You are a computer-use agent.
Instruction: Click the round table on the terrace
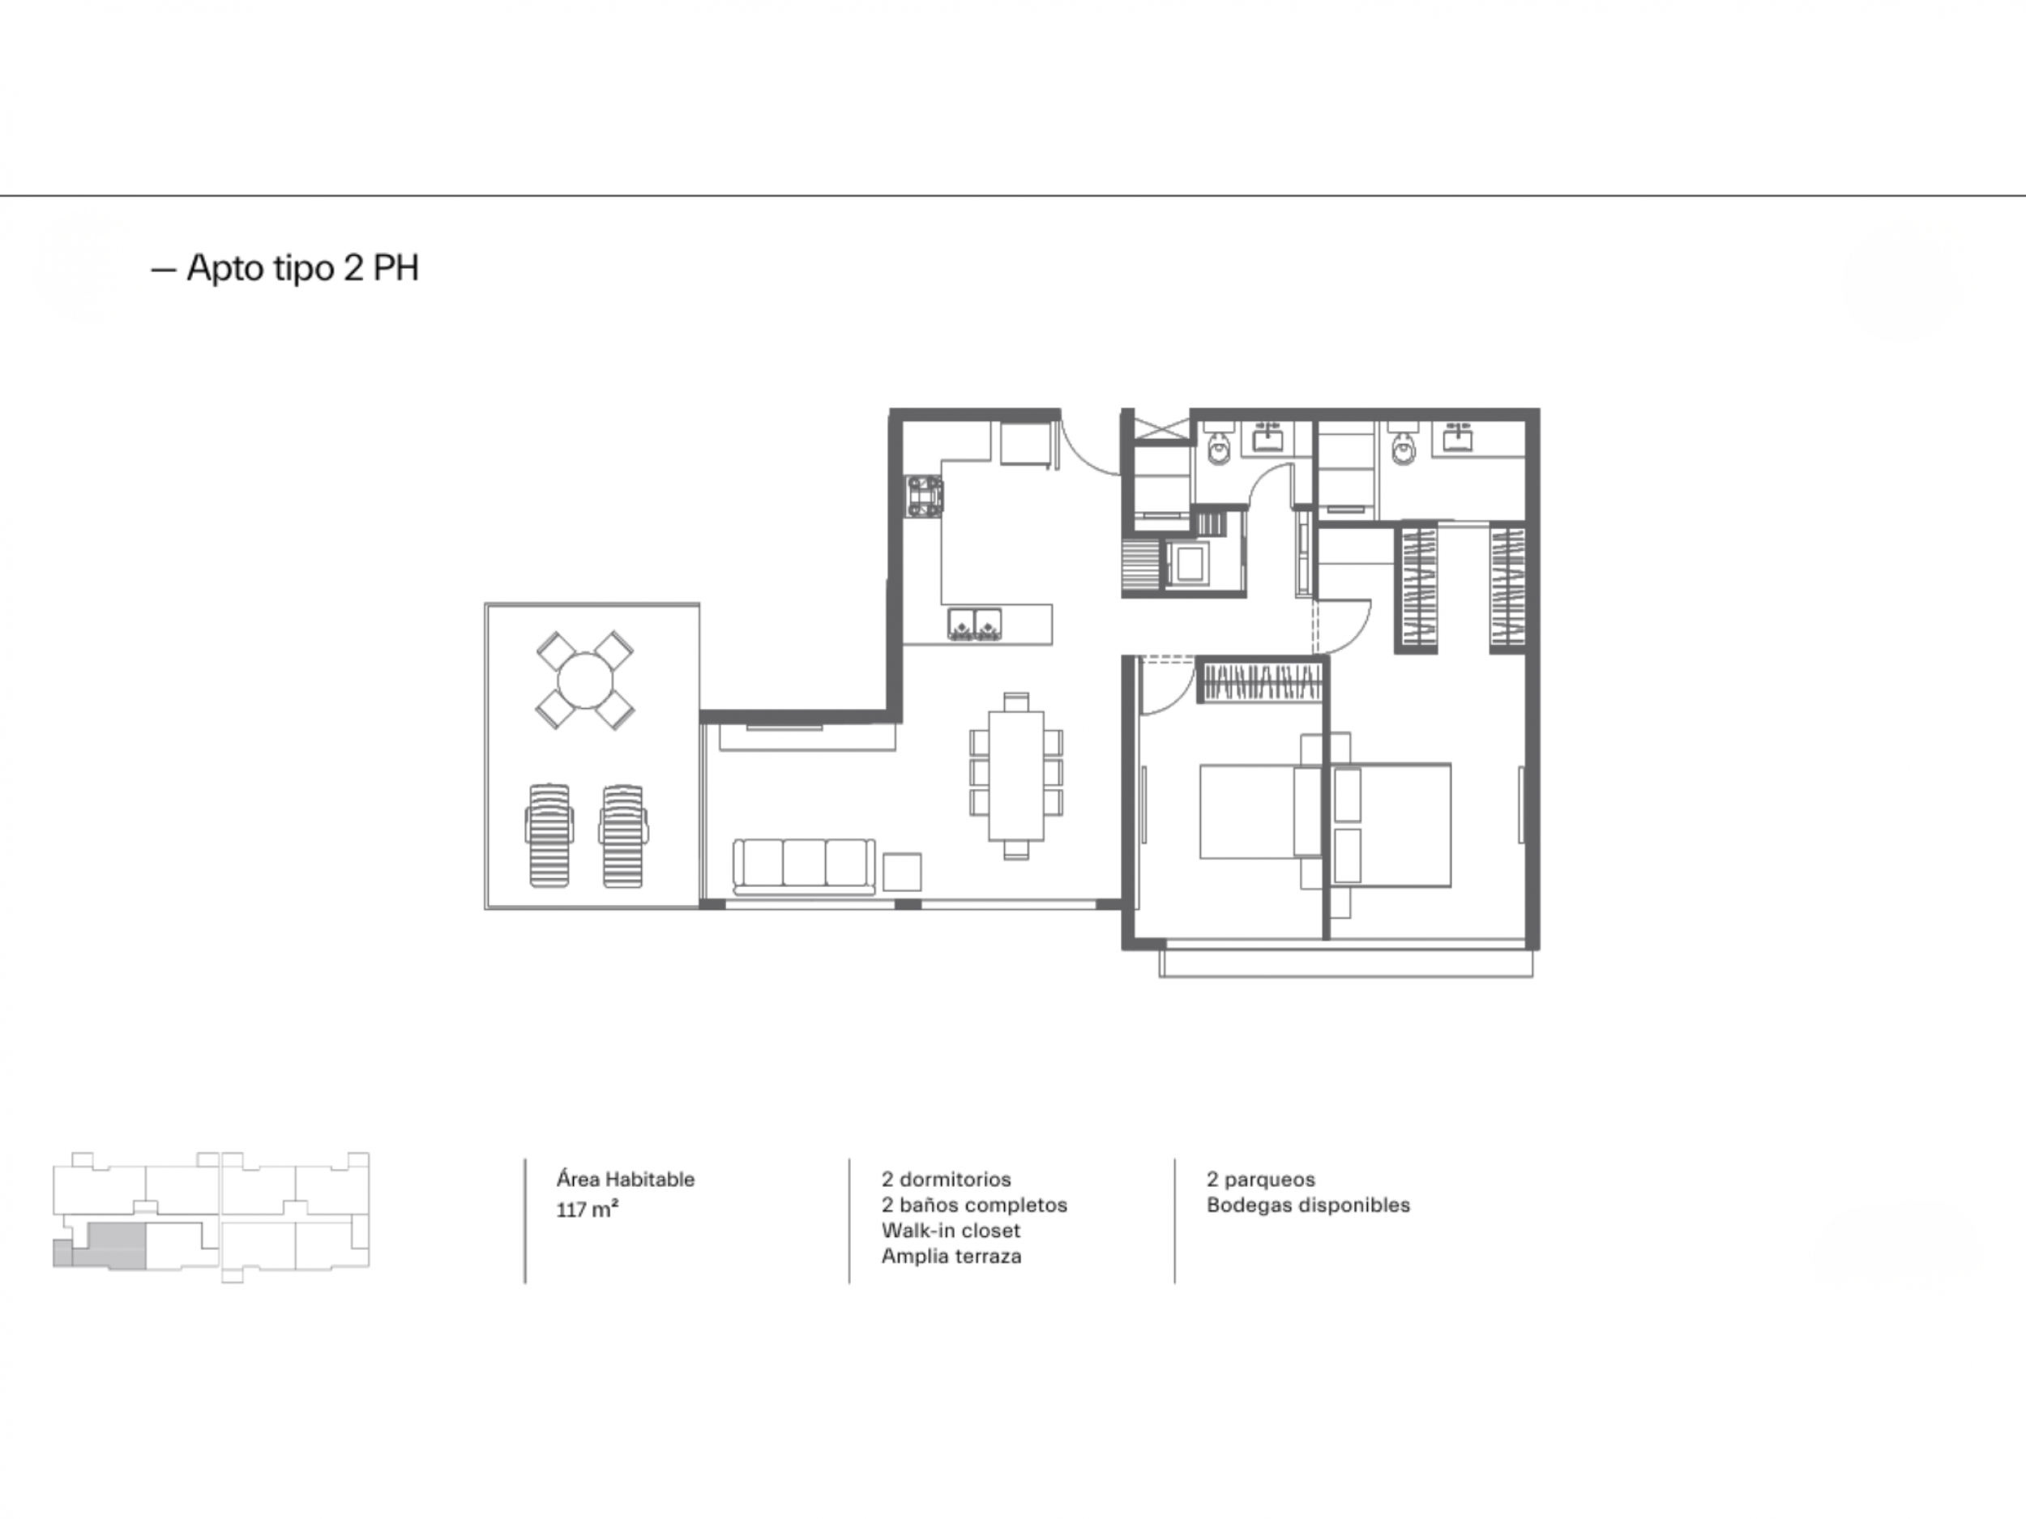click(x=584, y=681)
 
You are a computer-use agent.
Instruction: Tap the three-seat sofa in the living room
click(x=803, y=866)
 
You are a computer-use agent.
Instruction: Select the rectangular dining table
click(x=1015, y=775)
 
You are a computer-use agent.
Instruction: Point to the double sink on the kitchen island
click(x=973, y=623)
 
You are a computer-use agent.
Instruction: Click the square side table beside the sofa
click(x=902, y=872)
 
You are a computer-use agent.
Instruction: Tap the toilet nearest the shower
click(x=1219, y=448)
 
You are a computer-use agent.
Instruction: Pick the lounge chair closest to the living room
click(x=623, y=835)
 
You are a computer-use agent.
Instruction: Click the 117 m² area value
click(x=587, y=1210)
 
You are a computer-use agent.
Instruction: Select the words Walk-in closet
click(x=951, y=1231)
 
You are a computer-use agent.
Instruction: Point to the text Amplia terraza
click(x=951, y=1257)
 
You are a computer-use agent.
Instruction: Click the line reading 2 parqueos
click(x=1261, y=1180)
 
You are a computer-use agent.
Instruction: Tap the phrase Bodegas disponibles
click(x=1308, y=1205)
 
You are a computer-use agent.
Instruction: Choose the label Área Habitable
click(x=626, y=1180)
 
